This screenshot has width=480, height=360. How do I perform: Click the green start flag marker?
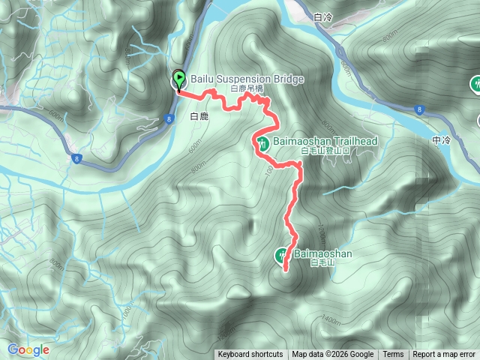(x=179, y=79)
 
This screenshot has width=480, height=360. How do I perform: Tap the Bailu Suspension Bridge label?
(x=236, y=79)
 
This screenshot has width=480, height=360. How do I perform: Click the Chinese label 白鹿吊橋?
(x=247, y=88)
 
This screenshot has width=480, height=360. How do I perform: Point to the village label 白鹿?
(x=199, y=116)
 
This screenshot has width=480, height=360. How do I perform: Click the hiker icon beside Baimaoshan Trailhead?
(x=262, y=142)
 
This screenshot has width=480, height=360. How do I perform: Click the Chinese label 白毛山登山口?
(x=326, y=151)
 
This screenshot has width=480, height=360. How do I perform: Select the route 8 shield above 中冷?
(x=421, y=109)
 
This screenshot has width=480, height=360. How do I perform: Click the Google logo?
(x=28, y=349)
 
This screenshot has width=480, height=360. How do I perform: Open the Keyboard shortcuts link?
(x=250, y=355)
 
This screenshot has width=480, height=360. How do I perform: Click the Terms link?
(x=393, y=355)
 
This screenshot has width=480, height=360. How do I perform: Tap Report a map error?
(x=445, y=355)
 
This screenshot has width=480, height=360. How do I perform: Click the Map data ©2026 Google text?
(x=333, y=355)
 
